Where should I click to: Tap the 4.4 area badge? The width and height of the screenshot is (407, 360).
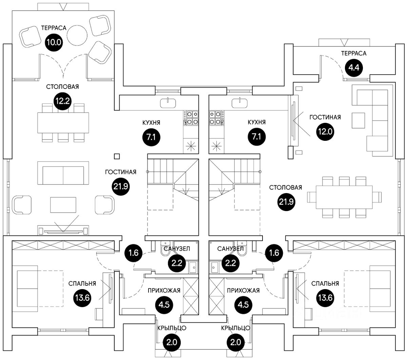[x=354, y=67]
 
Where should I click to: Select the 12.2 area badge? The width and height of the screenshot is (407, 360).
[x=62, y=100]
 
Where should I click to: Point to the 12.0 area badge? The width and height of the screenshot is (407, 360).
[x=325, y=131]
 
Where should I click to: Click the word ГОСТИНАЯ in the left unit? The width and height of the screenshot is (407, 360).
[x=120, y=172]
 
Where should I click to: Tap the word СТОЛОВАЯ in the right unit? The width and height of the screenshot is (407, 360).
[x=286, y=187]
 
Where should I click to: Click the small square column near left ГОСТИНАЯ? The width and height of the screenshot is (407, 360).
[x=117, y=156]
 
